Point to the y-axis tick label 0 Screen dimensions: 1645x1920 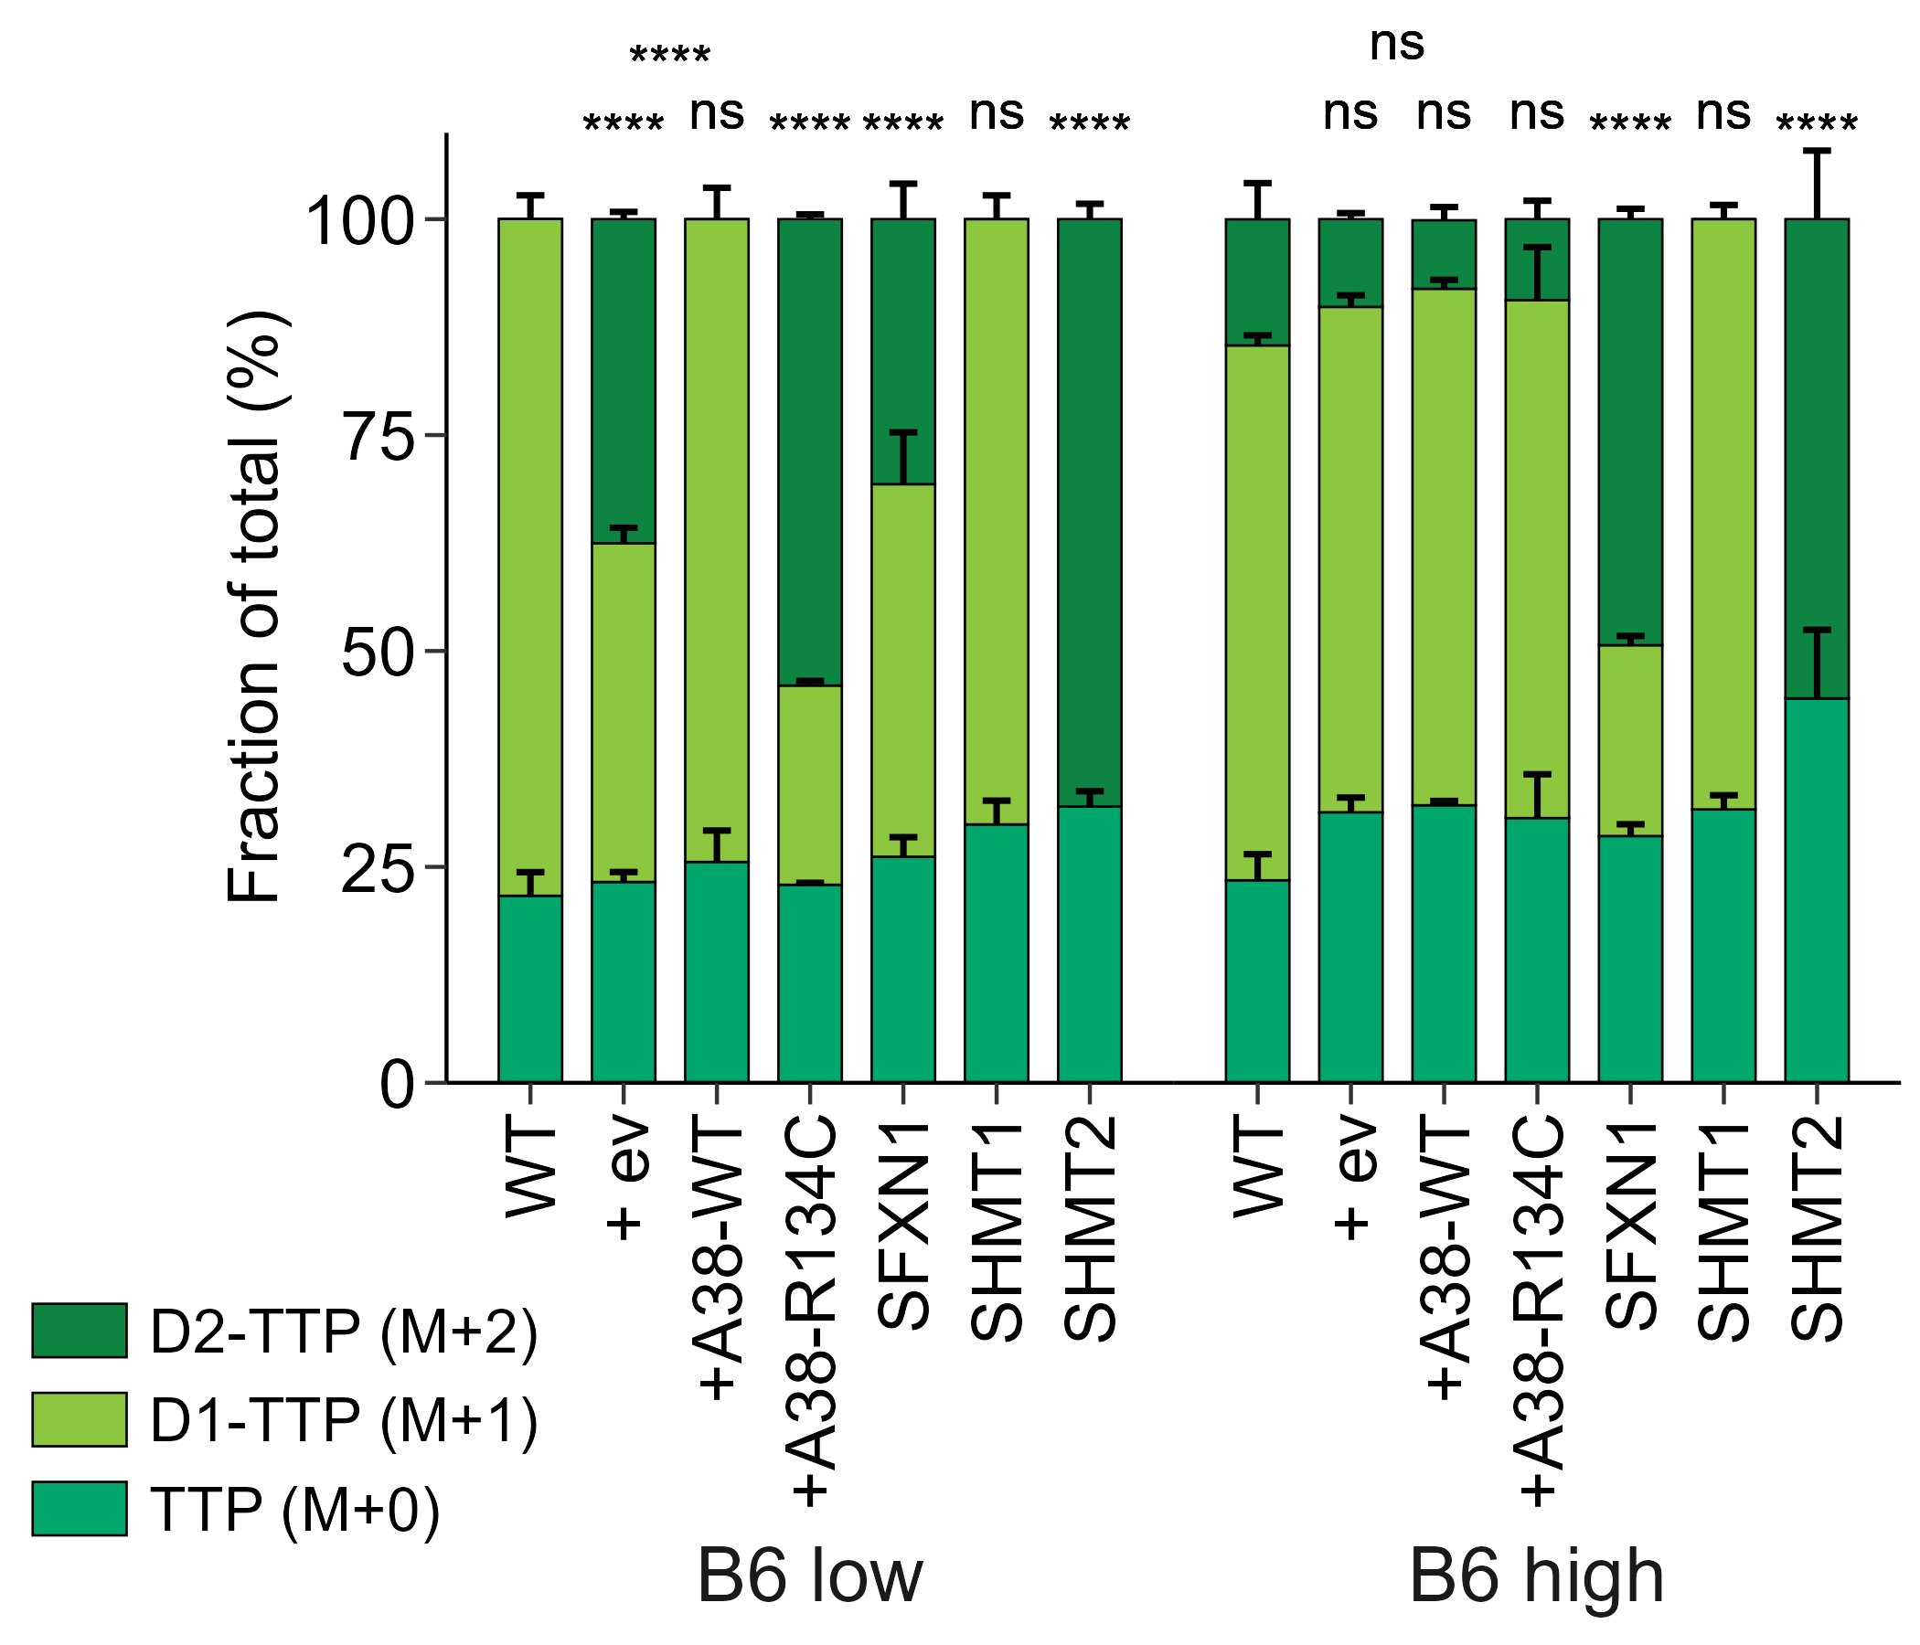tap(397, 1085)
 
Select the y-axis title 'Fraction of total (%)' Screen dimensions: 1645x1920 tap(254, 607)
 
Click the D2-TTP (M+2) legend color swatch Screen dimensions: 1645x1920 tap(80, 1331)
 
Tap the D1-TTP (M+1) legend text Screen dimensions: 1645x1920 tap(344, 1420)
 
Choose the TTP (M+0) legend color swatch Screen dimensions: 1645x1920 tap(80, 1509)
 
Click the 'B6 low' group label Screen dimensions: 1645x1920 tap(810, 1576)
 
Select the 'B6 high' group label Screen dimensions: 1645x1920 tap(1536, 1576)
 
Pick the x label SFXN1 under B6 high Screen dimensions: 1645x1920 tap(1631, 1226)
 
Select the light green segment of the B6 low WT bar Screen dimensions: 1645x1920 tap(530, 556)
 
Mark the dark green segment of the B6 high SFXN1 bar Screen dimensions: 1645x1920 tap(1630, 431)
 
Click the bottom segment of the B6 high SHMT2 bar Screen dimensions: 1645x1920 tap(1816, 889)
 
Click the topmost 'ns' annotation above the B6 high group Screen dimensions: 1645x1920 tap(1396, 44)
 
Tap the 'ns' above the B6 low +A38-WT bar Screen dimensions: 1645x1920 tap(716, 113)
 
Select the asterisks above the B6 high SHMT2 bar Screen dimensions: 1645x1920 tap(1816, 122)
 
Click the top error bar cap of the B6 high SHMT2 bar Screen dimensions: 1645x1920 tap(1816, 150)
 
